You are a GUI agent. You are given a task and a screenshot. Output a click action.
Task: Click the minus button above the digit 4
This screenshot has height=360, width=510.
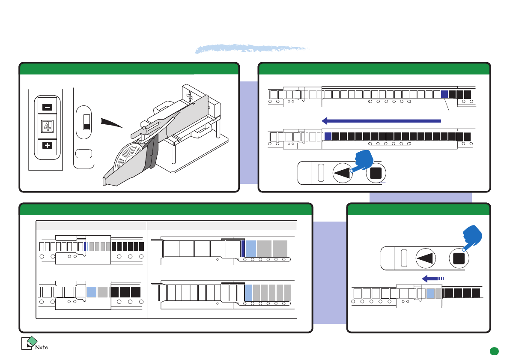coord(47,107)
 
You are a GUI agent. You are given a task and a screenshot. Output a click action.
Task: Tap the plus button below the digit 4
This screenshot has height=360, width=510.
coord(47,146)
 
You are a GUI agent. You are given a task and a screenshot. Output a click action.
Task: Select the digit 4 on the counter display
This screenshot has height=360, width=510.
coord(47,126)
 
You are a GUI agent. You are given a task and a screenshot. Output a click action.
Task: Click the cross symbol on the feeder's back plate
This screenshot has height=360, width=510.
coord(188,96)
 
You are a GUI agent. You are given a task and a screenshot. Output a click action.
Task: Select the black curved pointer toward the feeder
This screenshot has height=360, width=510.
coord(111,123)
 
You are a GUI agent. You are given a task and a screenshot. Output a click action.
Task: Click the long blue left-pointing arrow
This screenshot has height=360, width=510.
coord(381,121)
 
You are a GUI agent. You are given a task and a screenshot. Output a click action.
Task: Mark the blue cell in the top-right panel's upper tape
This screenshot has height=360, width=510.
coord(444,94)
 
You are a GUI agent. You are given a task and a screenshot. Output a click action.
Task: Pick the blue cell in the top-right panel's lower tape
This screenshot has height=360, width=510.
coord(328,136)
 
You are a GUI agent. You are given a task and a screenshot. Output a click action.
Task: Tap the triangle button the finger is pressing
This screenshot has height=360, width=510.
coord(343,173)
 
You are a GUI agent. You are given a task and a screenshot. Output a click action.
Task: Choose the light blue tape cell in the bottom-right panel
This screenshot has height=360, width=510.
coord(431,293)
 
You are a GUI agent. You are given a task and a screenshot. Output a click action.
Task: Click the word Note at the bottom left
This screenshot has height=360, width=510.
coord(42,347)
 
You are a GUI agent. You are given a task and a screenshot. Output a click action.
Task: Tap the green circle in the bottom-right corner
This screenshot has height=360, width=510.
coord(495,351)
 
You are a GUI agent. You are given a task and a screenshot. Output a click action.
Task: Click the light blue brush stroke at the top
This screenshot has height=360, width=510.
coord(253,48)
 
